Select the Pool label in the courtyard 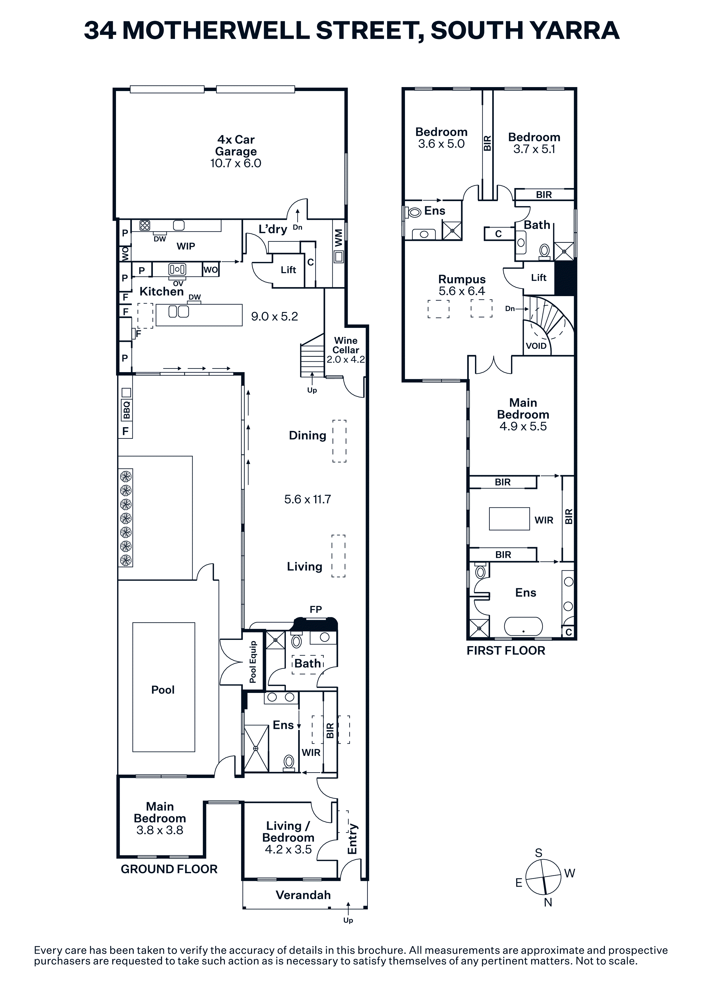point(163,690)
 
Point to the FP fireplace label point(316,609)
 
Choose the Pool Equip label point(253,662)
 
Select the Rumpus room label point(462,279)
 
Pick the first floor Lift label point(539,277)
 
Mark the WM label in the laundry point(339,238)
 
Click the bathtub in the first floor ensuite point(523,627)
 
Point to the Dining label point(307,436)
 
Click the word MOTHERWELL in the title point(216,30)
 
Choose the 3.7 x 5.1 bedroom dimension point(534,149)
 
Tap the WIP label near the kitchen point(186,246)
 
